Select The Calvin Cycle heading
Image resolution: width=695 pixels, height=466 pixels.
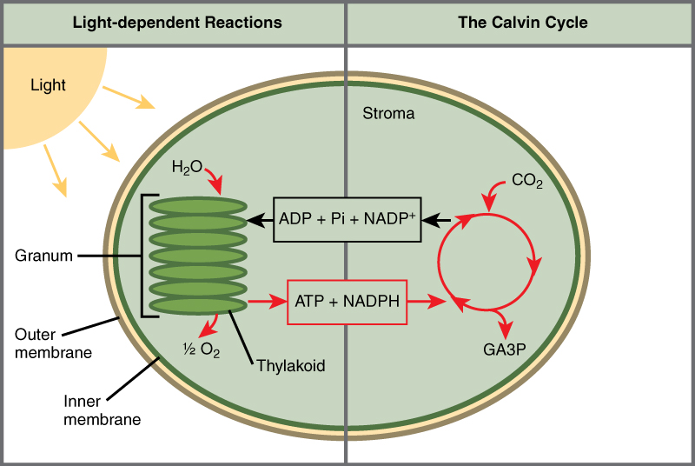point(522,23)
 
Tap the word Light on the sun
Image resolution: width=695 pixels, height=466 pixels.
point(48,85)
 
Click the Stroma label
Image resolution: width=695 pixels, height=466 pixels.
point(388,114)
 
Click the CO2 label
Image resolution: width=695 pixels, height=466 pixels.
point(527,182)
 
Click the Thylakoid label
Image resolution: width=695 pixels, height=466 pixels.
point(290,366)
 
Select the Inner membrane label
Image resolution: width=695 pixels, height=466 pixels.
point(102,410)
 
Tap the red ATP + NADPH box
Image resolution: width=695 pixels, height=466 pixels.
point(347,303)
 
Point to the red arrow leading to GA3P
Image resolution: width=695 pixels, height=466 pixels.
point(502,322)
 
